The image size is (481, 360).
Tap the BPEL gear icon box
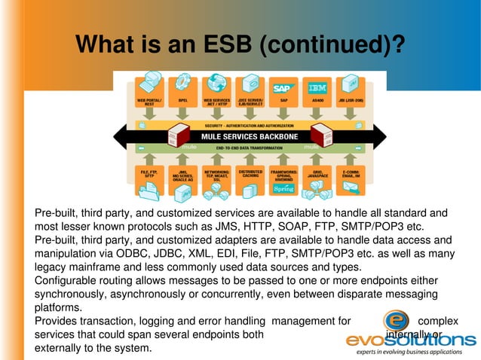[x=182, y=89]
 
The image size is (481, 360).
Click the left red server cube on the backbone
[x=179, y=136]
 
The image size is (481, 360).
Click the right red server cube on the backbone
[x=322, y=136]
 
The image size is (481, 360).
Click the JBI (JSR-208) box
[x=351, y=89]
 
